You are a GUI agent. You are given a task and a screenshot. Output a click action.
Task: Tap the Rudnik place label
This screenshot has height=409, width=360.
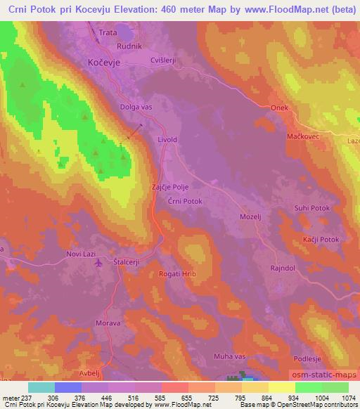[x=131, y=46]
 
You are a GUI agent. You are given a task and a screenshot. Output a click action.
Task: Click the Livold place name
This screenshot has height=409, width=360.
[x=167, y=140]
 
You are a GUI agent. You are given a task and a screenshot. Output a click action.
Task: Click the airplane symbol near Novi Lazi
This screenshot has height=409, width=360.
[x=96, y=263]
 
